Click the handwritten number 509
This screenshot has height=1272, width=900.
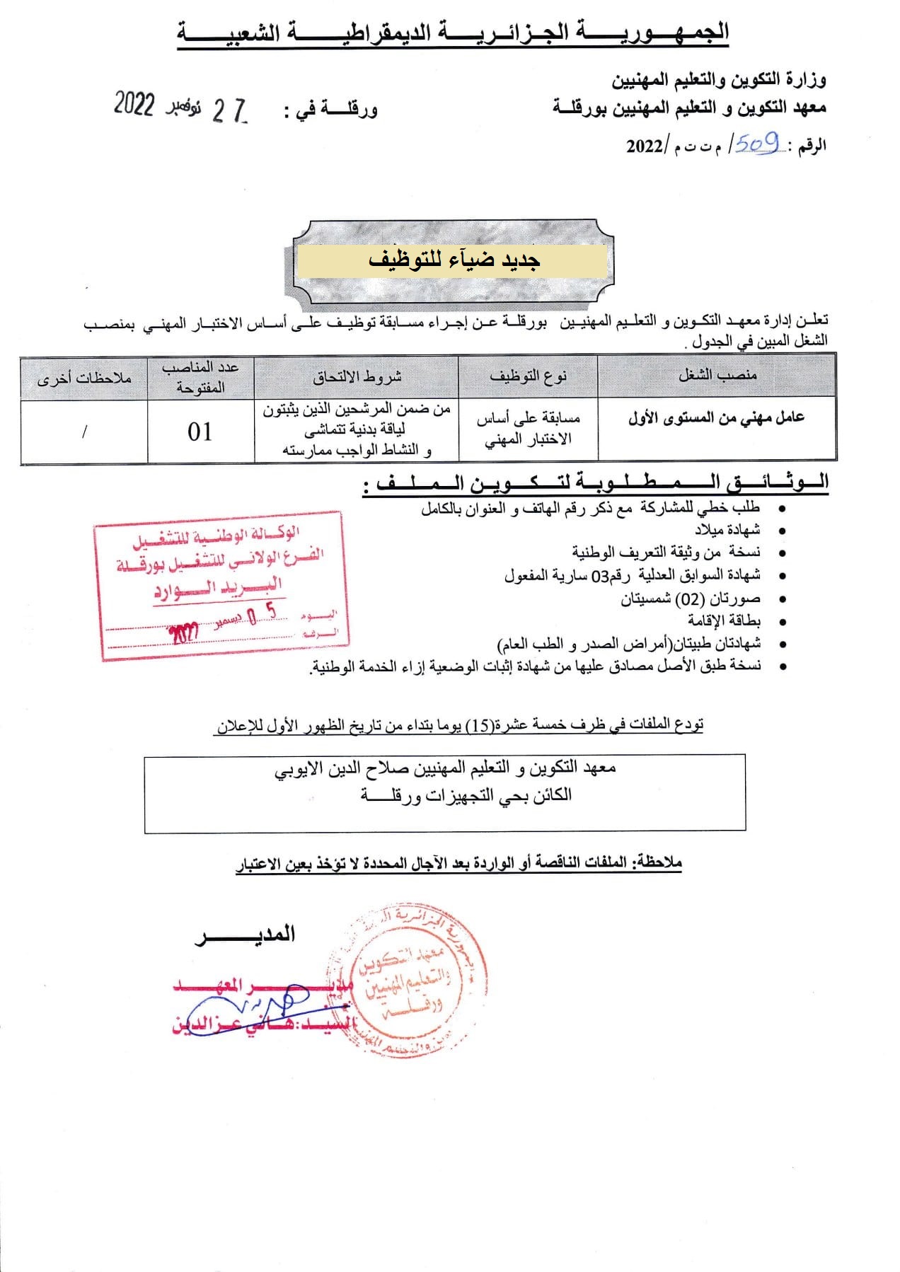(758, 144)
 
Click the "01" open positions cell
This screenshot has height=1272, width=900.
(200, 432)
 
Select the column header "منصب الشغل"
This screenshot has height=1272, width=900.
(717, 375)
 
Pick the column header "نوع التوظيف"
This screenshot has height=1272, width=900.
(529, 376)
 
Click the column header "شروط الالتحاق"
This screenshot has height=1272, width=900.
(357, 376)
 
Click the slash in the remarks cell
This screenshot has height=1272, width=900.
(84, 432)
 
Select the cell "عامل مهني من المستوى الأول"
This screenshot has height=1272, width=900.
(716, 419)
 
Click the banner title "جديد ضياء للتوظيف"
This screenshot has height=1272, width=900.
(454, 260)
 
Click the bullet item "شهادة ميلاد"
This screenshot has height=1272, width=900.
(727, 530)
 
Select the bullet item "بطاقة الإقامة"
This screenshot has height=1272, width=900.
(725, 620)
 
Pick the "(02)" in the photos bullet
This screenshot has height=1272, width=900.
(688, 599)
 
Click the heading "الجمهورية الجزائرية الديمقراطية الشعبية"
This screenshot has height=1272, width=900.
(453, 33)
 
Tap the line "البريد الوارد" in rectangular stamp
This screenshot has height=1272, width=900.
(218, 588)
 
